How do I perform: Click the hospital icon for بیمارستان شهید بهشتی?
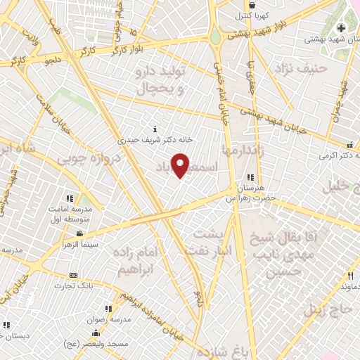tap(341, 28)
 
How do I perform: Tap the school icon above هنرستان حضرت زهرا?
tap(250, 177)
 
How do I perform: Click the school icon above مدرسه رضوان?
tap(108, 308)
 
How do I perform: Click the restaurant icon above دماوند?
tap(349, 276)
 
